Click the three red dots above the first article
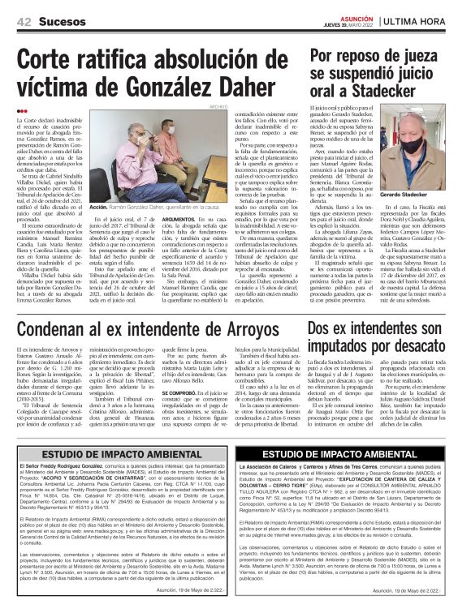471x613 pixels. coord(22,111)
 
